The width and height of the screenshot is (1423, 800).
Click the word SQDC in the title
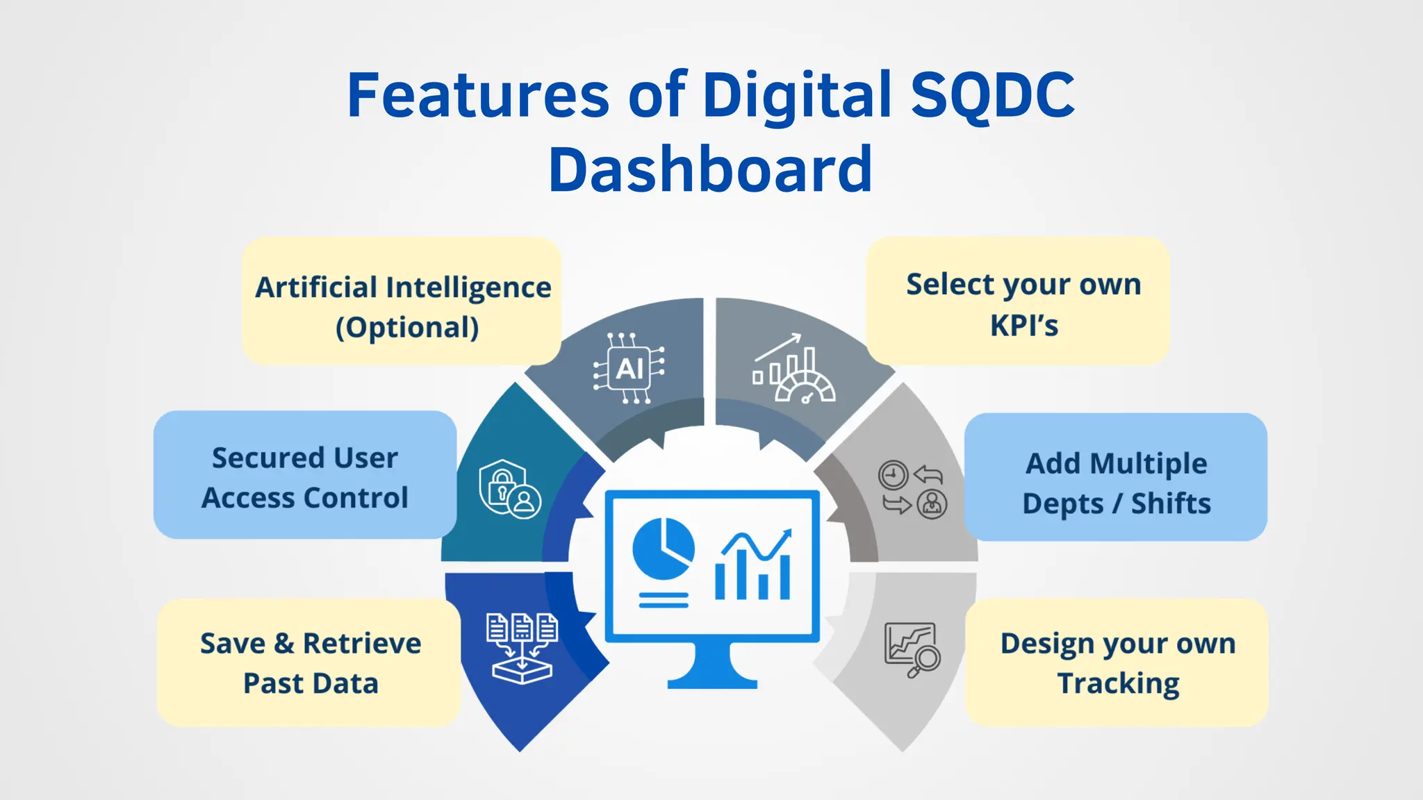pyautogui.click(x=992, y=95)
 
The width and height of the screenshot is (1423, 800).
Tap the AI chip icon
pyautogui.click(x=629, y=369)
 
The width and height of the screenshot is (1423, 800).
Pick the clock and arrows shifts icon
pyautogui.click(x=912, y=489)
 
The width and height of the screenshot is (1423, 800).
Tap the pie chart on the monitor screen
pyautogui.click(x=663, y=549)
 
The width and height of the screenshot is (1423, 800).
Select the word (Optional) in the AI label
pyautogui.click(x=407, y=327)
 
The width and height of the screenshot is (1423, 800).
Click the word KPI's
pyautogui.click(x=1023, y=325)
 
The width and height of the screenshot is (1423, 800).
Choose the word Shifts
pyautogui.click(x=1171, y=503)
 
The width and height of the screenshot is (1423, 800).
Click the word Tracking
pyautogui.click(x=1118, y=683)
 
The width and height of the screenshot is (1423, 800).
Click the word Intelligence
pyautogui.click(x=468, y=287)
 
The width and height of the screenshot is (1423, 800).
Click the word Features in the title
pyautogui.click(x=478, y=95)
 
